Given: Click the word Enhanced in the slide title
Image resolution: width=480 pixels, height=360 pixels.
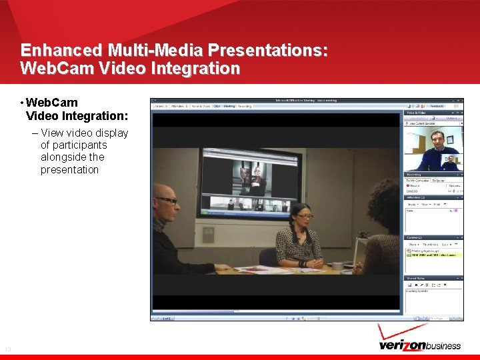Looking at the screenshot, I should click(x=60, y=50).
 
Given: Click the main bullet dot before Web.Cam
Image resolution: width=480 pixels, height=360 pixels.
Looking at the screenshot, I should click(x=23, y=103).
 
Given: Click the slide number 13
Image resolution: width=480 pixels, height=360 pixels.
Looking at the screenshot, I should click(x=8, y=349).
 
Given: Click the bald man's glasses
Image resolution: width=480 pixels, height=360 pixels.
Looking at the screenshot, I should click(x=166, y=200).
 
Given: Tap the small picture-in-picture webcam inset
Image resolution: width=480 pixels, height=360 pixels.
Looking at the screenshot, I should click(x=451, y=161).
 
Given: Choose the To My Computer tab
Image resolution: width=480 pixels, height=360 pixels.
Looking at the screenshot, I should click(x=417, y=181).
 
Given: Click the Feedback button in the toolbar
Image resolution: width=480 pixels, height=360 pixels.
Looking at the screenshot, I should click(x=437, y=105).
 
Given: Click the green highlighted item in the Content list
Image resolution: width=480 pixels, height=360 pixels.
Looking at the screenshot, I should click(x=433, y=255).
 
